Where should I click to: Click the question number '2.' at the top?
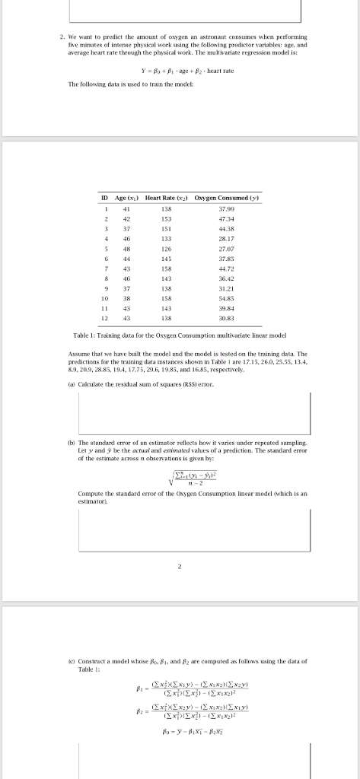point(62,36)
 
